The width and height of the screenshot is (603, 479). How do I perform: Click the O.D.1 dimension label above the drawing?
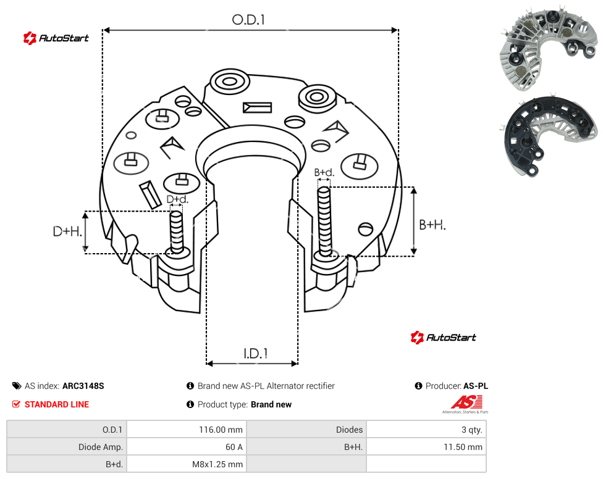[248, 20]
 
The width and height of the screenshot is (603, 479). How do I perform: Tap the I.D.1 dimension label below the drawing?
[256, 354]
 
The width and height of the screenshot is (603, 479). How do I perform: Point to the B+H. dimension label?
[432, 225]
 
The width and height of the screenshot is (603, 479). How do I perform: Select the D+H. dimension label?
[67, 231]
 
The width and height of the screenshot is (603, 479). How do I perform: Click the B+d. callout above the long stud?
[324, 172]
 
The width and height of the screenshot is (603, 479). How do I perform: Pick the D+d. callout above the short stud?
[177, 199]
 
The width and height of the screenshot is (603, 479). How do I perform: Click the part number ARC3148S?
[83, 386]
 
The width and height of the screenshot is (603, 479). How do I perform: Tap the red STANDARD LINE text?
[57, 404]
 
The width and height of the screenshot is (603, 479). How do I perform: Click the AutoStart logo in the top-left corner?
[56, 38]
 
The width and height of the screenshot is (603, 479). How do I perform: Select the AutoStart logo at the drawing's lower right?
[444, 337]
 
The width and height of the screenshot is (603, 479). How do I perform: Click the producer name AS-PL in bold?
[476, 386]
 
